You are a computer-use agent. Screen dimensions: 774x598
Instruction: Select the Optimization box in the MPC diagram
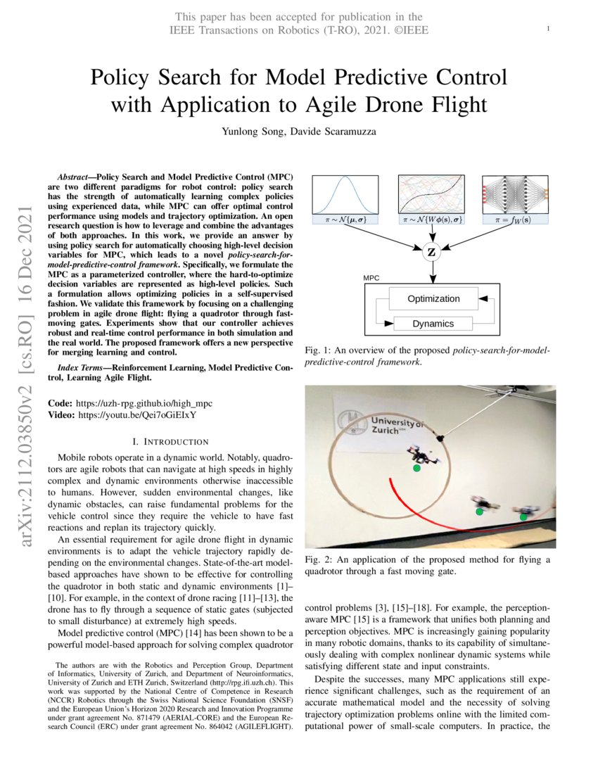(x=433, y=298)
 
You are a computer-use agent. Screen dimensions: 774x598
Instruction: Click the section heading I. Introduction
(x=170, y=442)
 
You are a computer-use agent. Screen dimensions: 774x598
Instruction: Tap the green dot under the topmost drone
(x=416, y=468)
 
